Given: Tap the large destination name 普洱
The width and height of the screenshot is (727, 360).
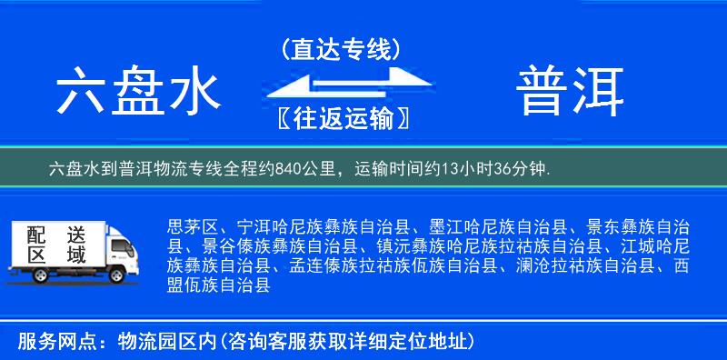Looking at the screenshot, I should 572,93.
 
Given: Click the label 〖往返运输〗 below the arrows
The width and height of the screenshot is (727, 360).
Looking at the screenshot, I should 340,118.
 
